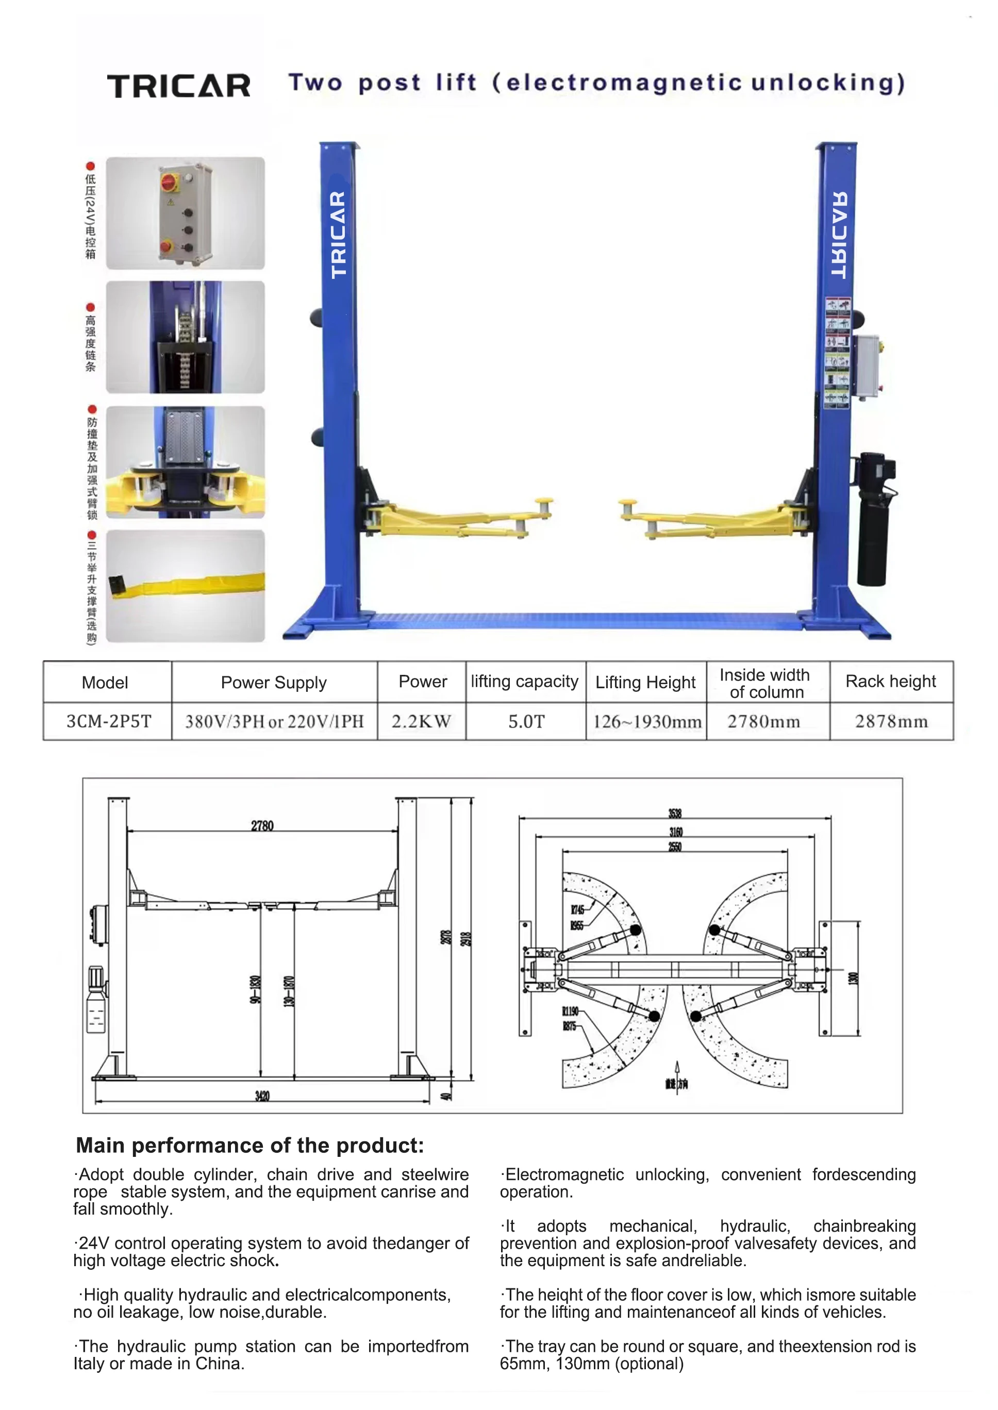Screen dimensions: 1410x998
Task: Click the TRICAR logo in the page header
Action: click(179, 86)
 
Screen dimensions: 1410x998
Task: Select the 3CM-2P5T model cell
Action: click(109, 721)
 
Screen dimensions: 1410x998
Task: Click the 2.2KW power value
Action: click(422, 721)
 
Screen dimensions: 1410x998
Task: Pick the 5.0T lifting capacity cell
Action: click(526, 721)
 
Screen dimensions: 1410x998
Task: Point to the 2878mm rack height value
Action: click(891, 721)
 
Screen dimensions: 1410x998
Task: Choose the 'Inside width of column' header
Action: click(766, 683)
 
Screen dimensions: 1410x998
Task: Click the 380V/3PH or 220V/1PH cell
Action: click(274, 721)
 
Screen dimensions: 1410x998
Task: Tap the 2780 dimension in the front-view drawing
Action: click(262, 825)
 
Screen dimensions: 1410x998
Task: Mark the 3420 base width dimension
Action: click(262, 1096)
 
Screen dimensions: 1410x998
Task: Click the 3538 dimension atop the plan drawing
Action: click(675, 813)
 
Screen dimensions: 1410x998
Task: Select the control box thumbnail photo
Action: click(185, 213)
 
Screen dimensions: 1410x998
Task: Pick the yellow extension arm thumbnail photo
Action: click(185, 586)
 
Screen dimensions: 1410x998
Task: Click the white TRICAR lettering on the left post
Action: click(339, 235)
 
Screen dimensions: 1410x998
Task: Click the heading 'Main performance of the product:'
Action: click(249, 1145)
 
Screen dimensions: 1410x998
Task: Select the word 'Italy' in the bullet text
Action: click(89, 1363)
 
